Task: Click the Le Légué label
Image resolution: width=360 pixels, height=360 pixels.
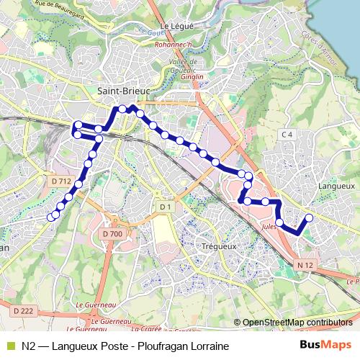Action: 174,26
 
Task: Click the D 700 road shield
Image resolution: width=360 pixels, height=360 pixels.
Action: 112,234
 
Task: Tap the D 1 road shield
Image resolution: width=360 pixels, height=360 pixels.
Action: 165,207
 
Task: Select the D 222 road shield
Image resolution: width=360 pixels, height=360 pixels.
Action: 24,310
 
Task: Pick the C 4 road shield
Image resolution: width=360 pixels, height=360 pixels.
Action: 287,135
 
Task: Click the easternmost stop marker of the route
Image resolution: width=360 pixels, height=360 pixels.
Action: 310,217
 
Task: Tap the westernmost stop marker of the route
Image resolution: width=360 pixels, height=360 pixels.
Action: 50,217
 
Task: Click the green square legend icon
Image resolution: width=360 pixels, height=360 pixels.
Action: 9,346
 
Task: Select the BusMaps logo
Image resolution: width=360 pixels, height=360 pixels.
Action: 325,346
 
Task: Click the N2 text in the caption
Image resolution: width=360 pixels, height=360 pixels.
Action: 30,346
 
